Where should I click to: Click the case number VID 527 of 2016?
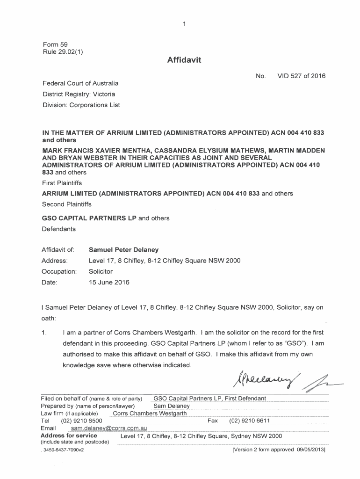click(x=302, y=76)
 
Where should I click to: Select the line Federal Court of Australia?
click(x=80, y=83)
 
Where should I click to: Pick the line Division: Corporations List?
click(x=81, y=105)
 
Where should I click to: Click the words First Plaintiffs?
click(x=62, y=183)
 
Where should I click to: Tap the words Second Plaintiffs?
click(x=67, y=204)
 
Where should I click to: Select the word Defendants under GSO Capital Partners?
click(x=59, y=229)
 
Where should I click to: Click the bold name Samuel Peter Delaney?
click(x=123, y=250)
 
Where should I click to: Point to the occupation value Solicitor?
click(x=101, y=271)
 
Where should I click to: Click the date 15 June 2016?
click(x=109, y=283)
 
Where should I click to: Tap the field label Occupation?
click(x=59, y=271)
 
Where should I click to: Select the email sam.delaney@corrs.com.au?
click(x=108, y=428)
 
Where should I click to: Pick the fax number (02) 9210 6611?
click(x=249, y=421)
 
